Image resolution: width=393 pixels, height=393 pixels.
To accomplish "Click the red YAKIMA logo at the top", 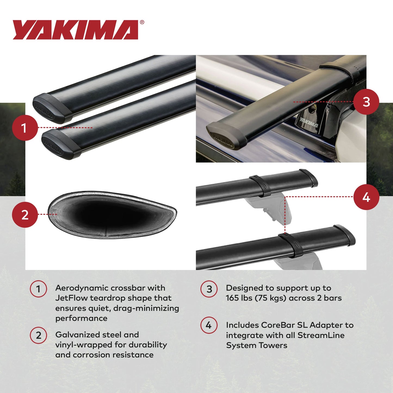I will (76, 30).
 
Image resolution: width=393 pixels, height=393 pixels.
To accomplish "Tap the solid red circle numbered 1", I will (25, 128).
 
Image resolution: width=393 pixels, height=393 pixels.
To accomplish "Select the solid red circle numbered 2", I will (25, 215).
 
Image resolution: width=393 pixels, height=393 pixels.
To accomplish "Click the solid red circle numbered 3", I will (366, 102).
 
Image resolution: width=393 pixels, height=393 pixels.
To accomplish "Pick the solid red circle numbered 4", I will (366, 197).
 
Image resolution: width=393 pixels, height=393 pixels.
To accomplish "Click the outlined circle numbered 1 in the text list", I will (38, 289).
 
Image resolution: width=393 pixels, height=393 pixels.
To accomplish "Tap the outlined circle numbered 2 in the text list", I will (38, 335).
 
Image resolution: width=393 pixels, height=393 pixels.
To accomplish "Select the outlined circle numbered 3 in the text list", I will (209, 289).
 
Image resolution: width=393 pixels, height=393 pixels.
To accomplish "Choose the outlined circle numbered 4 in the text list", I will (209, 325).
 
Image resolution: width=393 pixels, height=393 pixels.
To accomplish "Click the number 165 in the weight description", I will (232, 298).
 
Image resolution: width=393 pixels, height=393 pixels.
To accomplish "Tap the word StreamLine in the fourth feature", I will (321, 335).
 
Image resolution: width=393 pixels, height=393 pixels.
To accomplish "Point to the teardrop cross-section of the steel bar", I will (112, 215).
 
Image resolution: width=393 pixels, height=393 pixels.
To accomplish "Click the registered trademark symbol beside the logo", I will (142, 23).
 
